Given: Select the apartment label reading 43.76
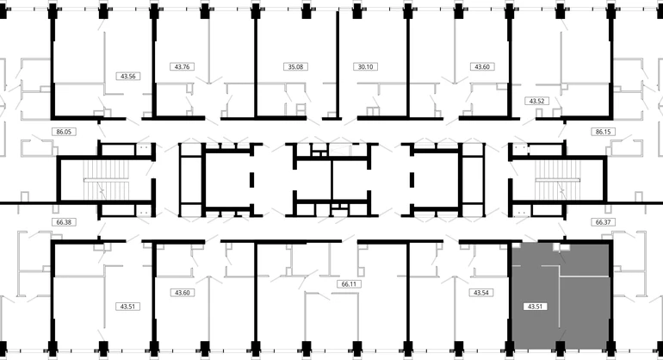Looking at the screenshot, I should pos(183,66).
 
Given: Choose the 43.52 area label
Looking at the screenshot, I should pos(537,102).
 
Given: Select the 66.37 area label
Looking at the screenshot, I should pos(603,221).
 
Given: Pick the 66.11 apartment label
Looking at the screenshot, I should pos(349,282).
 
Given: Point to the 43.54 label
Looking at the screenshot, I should pos(480,293).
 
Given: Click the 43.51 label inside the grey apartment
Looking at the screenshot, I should pos(534,306).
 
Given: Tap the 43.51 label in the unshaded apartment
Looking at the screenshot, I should pos(128,306).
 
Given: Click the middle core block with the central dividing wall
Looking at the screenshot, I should pos(331,179).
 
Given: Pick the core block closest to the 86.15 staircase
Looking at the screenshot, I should pos(448,179).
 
